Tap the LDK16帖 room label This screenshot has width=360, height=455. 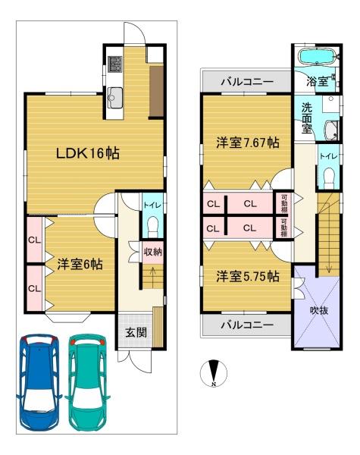tap(88, 153)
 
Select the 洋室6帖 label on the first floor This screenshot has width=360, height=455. tap(80, 265)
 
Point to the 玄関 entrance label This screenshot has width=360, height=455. tap(136, 333)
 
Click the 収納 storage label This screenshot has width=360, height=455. tap(153, 252)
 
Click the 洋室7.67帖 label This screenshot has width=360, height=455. tap(248, 143)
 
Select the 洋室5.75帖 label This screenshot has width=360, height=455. tap(248, 277)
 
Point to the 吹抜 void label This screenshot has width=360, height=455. tap(319, 311)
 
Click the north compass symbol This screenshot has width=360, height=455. tap(214, 373)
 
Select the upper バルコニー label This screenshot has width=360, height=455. tap(247, 82)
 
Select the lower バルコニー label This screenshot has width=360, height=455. tap(247, 325)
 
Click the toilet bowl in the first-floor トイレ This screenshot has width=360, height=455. tap(153, 226)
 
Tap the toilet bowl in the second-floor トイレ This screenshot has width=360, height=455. tap(328, 177)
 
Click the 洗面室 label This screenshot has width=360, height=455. tap(307, 118)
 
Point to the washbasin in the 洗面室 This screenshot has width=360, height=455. tap(331, 130)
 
